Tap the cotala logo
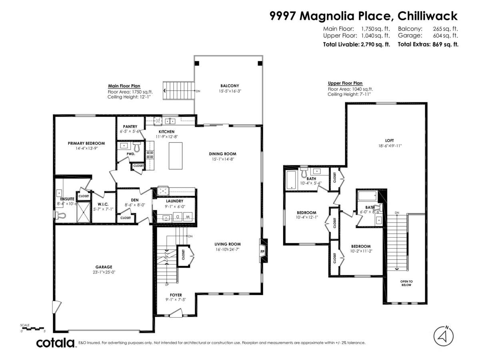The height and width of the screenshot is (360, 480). [x=56, y=343]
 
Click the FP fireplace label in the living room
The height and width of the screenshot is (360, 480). [x=263, y=252]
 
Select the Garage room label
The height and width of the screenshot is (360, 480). [x=104, y=267]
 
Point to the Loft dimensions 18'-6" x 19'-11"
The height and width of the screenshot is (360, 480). [x=389, y=146]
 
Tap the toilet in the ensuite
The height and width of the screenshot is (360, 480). [x=60, y=216]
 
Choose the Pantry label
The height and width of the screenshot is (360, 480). [x=130, y=126]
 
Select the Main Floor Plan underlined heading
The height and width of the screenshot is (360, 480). [x=124, y=86]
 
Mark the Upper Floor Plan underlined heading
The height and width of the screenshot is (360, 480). [x=345, y=83]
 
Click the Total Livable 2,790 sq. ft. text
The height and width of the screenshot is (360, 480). [x=356, y=44]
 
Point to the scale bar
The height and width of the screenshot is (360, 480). [x=33, y=328]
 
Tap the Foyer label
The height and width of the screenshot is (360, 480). [x=176, y=295]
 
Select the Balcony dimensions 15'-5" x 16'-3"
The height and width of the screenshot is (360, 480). [x=230, y=91]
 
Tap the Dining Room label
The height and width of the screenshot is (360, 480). [x=222, y=154]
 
